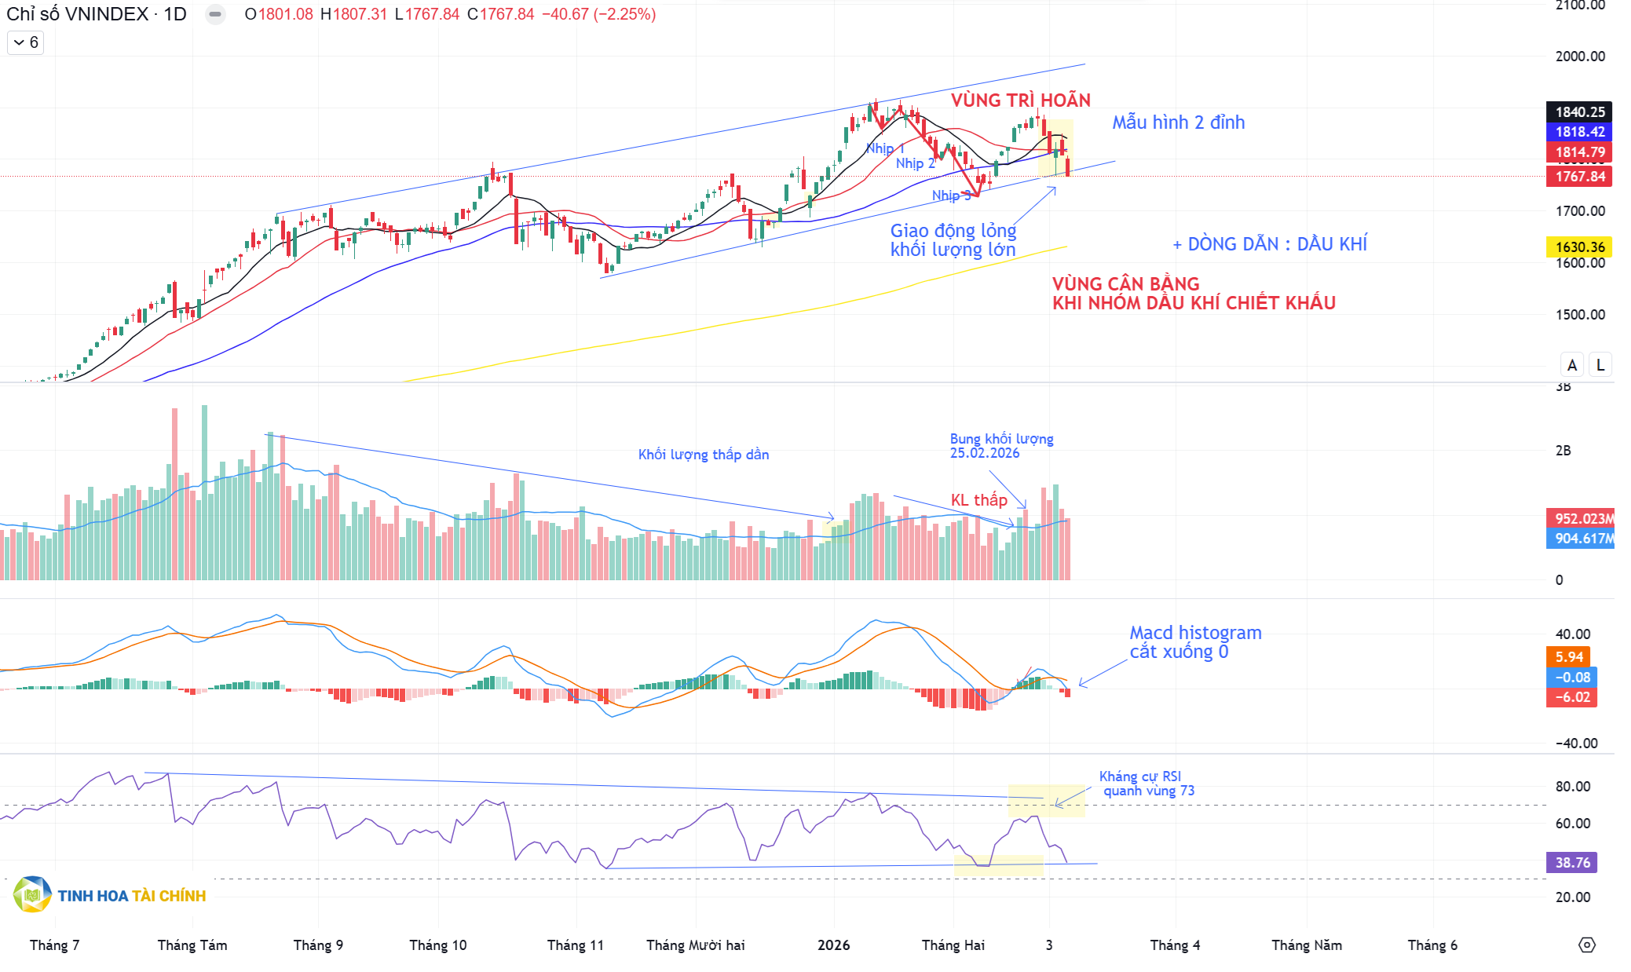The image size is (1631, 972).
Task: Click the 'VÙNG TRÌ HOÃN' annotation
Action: pyautogui.click(x=1020, y=100)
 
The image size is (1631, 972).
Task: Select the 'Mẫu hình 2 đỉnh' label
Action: pyautogui.click(x=1178, y=122)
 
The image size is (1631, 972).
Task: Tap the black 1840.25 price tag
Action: pyautogui.click(x=1579, y=112)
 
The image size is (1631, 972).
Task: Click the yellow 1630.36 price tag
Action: pyautogui.click(x=1579, y=247)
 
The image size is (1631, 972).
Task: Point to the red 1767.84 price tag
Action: pyautogui.click(x=1579, y=177)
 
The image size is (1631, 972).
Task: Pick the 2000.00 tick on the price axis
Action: pyautogui.click(x=1579, y=57)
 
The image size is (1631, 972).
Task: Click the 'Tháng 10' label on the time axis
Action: pyautogui.click(x=437, y=945)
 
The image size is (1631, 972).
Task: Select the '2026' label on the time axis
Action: pyautogui.click(x=833, y=945)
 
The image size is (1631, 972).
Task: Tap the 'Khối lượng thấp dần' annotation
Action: pyautogui.click(x=703, y=455)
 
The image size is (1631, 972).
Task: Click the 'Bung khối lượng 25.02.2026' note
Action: pyautogui.click(x=1001, y=446)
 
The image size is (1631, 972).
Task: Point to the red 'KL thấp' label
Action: pyautogui.click(x=978, y=500)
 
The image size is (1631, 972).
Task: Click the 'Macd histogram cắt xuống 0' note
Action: pyautogui.click(x=1195, y=642)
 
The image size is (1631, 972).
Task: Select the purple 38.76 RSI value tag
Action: pyautogui.click(x=1572, y=863)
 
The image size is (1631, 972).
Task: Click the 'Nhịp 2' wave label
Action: pyautogui.click(x=915, y=163)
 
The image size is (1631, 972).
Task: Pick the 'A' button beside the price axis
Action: pyautogui.click(x=1572, y=365)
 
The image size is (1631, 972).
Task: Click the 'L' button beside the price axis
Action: pyautogui.click(x=1600, y=365)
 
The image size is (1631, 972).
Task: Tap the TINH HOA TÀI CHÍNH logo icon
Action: pyautogui.click(x=32, y=895)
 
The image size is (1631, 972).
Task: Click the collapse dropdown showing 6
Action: pyautogui.click(x=26, y=42)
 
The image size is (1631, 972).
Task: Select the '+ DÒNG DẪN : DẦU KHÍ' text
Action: pyautogui.click(x=1270, y=244)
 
